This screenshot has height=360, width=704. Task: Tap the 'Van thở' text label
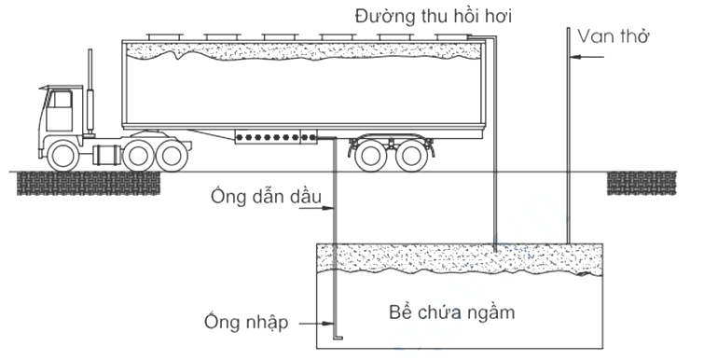click(614, 36)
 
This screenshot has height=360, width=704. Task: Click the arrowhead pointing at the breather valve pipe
click(575, 56)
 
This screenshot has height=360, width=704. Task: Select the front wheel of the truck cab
click(62, 154)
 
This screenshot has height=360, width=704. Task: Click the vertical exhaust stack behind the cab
click(90, 93)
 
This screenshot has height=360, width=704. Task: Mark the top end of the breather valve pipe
click(568, 30)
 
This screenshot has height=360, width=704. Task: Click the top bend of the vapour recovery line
click(492, 37)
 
